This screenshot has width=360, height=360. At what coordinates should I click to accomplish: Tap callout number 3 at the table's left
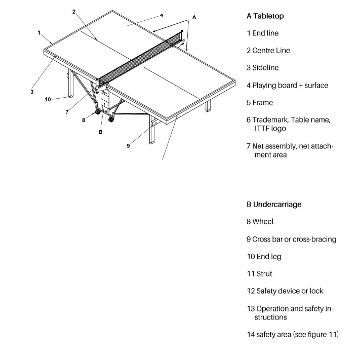[31, 92]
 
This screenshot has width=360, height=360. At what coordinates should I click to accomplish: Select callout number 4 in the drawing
[161, 15]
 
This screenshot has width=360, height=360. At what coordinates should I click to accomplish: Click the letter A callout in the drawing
[194, 17]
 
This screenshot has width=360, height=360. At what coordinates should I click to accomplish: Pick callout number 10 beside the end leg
[48, 99]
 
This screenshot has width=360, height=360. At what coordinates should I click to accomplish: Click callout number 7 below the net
[67, 112]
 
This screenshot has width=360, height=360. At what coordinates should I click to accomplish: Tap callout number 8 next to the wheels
[84, 120]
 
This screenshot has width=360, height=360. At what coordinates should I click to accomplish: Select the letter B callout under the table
[101, 133]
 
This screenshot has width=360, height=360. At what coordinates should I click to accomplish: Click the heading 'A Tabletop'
[265, 16]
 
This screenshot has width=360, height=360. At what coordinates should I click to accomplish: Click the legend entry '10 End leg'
[263, 256]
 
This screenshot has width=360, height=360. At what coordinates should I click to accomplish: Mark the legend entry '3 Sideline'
[262, 67]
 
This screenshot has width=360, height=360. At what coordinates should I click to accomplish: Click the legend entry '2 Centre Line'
[268, 51]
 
